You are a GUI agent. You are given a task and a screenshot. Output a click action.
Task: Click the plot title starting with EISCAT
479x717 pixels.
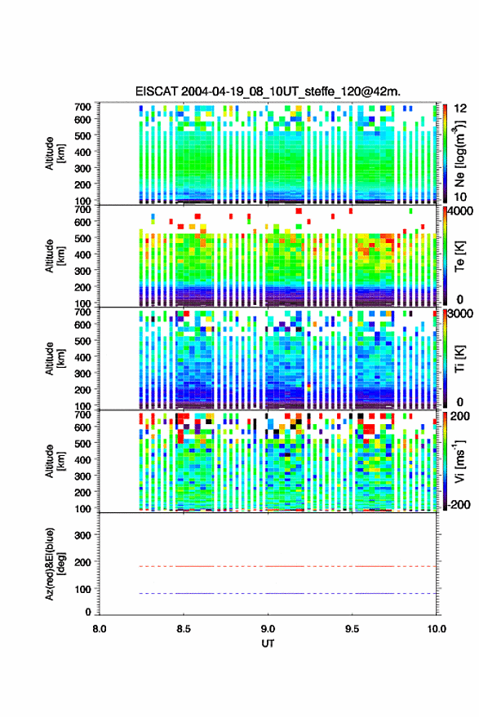point(268,91)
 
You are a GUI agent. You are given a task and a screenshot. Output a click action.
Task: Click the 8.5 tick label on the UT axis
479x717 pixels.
point(184,629)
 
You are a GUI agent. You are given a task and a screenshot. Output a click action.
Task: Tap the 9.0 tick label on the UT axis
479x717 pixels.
point(268,629)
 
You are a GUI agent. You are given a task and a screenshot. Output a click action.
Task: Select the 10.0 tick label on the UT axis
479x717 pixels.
point(437,629)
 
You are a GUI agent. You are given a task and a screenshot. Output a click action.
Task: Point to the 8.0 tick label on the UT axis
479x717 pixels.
point(100,629)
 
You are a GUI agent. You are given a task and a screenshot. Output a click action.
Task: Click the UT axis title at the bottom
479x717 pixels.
point(268,644)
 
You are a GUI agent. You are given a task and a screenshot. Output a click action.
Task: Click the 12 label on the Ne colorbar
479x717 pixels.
point(461,108)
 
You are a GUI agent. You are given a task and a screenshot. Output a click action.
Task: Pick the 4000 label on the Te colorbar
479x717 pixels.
point(461,212)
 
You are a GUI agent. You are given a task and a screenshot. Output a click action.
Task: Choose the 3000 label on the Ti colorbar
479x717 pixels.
point(461,314)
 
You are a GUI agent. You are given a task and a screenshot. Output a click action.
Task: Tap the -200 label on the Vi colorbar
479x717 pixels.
point(459,504)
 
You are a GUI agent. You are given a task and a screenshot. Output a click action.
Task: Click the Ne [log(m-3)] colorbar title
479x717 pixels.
point(460,153)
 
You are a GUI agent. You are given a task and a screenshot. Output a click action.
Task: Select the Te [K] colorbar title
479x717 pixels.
point(460,256)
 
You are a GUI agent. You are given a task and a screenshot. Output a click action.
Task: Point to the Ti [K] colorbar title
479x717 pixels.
point(460,359)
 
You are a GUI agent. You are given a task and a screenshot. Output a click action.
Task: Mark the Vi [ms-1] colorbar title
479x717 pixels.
point(459,461)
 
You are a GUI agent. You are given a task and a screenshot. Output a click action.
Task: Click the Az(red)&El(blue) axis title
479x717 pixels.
point(55,564)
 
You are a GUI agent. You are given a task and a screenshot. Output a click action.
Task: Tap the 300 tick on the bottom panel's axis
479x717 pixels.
point(82,535)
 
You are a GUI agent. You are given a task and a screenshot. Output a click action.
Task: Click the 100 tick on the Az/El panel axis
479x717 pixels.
point(82,589)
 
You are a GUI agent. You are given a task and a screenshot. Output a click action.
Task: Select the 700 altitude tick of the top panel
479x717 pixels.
point(82,107)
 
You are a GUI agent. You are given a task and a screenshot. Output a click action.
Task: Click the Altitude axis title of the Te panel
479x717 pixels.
point(55,256)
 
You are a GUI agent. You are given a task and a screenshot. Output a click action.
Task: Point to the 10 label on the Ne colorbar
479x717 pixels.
point(461,197)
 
